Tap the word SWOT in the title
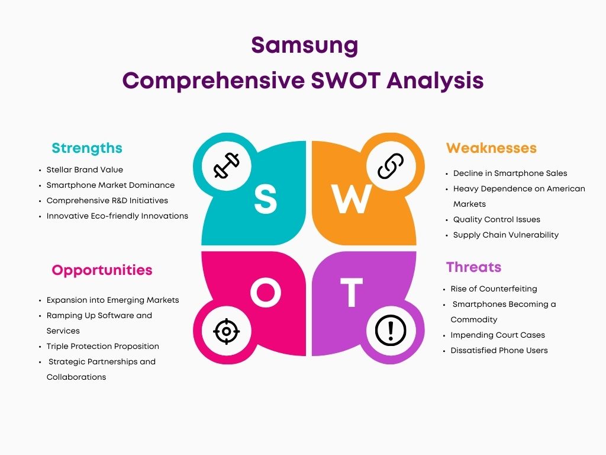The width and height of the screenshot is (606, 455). pos(346,81)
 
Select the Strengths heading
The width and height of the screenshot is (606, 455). pos(87,148)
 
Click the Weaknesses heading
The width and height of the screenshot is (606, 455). pos(491,148)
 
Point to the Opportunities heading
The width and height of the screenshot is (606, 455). pos(102,270)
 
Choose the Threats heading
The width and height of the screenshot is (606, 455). pos(473,267)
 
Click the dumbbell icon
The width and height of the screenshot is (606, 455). pos(227,166)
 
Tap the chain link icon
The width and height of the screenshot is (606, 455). pos(391,166)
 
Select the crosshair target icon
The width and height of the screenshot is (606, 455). pos(227,331)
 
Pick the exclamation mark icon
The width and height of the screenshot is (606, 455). pos(391,331)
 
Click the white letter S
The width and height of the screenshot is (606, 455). pos(266,198)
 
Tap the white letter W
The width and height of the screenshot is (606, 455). pos(352,199)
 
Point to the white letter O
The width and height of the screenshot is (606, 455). pos(266,293)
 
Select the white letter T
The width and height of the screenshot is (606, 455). pos(352,292)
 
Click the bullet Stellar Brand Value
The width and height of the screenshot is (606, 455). pos(85,169)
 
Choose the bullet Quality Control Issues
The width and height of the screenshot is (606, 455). pos(497,219)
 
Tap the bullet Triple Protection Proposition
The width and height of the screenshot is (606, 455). pos(103,346)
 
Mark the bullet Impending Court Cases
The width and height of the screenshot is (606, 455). pos(498,335)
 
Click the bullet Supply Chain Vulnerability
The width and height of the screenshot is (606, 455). pos(506,235)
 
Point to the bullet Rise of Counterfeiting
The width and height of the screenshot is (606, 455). pos(494,289)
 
